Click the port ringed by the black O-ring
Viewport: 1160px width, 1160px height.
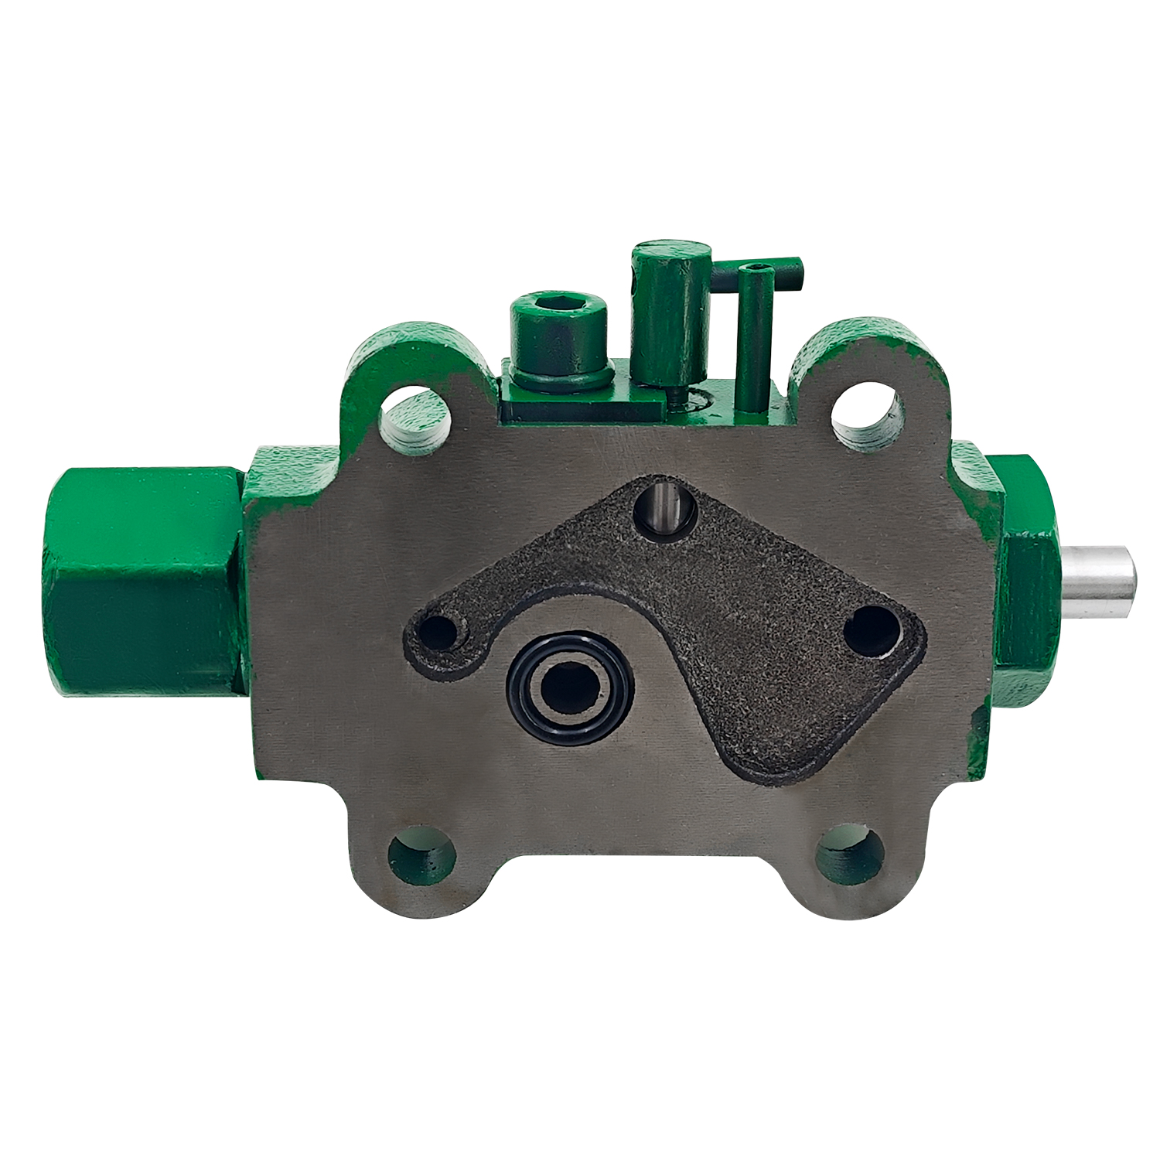(569, 688)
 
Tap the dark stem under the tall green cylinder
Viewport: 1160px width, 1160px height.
(674, 395)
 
